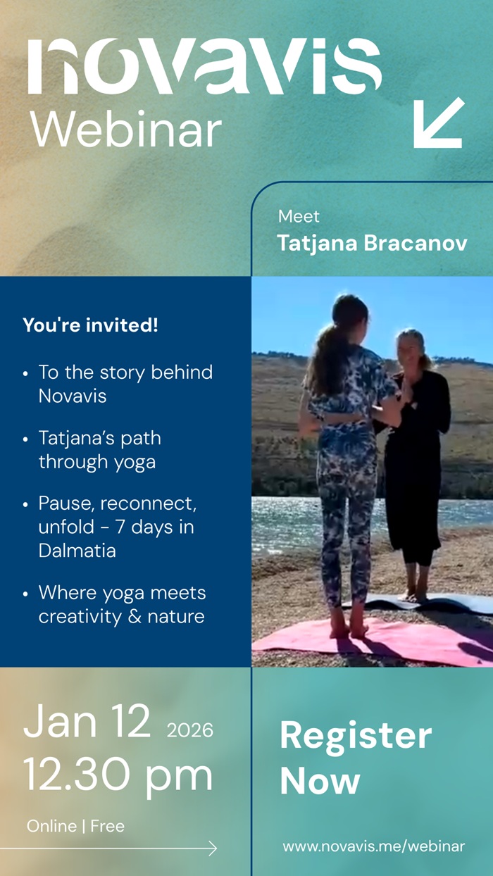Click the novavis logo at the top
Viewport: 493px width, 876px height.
(x=204, y=66)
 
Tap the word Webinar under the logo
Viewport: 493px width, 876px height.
(x=126, y=130)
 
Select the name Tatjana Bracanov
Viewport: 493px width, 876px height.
(x=372, y=243)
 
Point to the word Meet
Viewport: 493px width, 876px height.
(x=299, y=216)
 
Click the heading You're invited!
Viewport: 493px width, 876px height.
(x=90, y=325)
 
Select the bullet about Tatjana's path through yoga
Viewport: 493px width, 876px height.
(x=99, y=450)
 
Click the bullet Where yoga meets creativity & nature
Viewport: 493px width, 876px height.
(x=121, y=604)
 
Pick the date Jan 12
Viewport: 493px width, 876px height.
(x=87, y=721)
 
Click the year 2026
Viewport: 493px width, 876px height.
(x=189, y=730)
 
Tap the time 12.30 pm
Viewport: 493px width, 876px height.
(x=118, y=775)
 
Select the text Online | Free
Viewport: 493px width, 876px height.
(x=75, y=826)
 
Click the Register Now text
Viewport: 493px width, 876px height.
(x=355, y=758)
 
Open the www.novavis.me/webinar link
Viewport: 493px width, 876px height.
(x=373, y=846)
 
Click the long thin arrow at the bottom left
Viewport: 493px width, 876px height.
(x=109, y=849)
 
